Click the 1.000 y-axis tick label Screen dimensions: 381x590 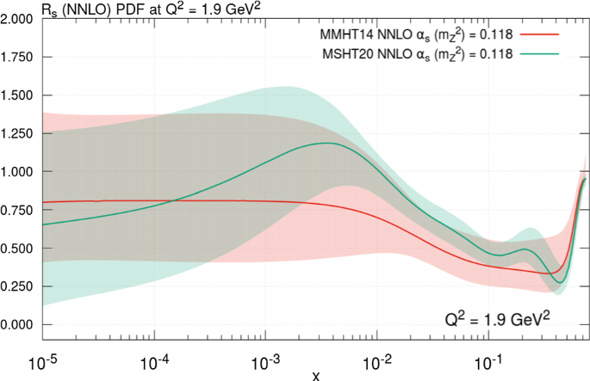[x=16, y=172]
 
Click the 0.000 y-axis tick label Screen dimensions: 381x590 [x=16, y=325]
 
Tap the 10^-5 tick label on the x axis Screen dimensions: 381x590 [x=43, y=356]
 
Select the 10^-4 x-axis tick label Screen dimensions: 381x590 [x=155, y=356]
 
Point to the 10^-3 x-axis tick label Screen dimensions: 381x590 [x=267, y=356]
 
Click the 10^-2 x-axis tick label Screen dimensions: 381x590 [x=379, y=356]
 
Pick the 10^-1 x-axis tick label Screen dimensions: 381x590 [x=491, y=356]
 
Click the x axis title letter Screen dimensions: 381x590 [x=315, y=373]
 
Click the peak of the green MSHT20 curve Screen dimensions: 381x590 [x=326, y=143]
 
